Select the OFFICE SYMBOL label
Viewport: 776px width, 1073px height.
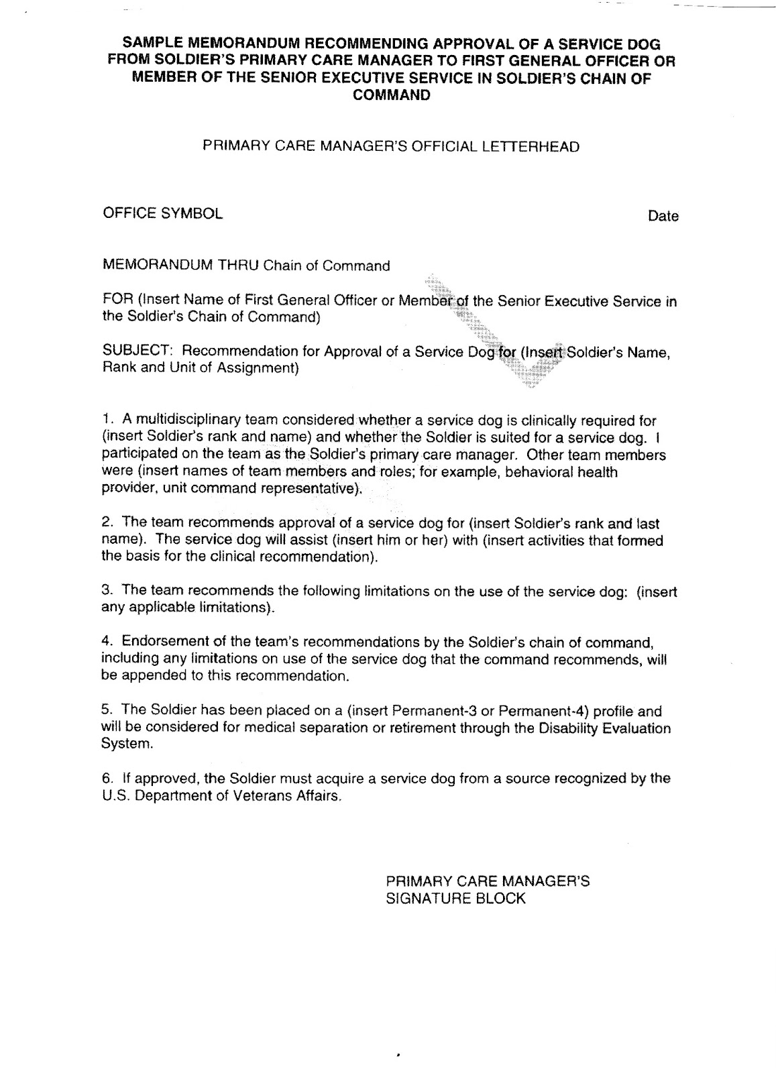(162, 213)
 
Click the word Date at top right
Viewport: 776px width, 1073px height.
(663, 216)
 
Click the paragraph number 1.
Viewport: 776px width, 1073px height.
(107, 421)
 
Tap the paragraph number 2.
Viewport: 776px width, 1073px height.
(107, 523)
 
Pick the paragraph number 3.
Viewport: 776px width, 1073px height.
(107, 591)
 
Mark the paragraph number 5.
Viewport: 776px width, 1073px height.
(107, 711)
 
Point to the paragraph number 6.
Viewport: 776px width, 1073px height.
(107, 779)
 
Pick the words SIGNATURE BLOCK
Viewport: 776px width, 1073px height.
(455, 899)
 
